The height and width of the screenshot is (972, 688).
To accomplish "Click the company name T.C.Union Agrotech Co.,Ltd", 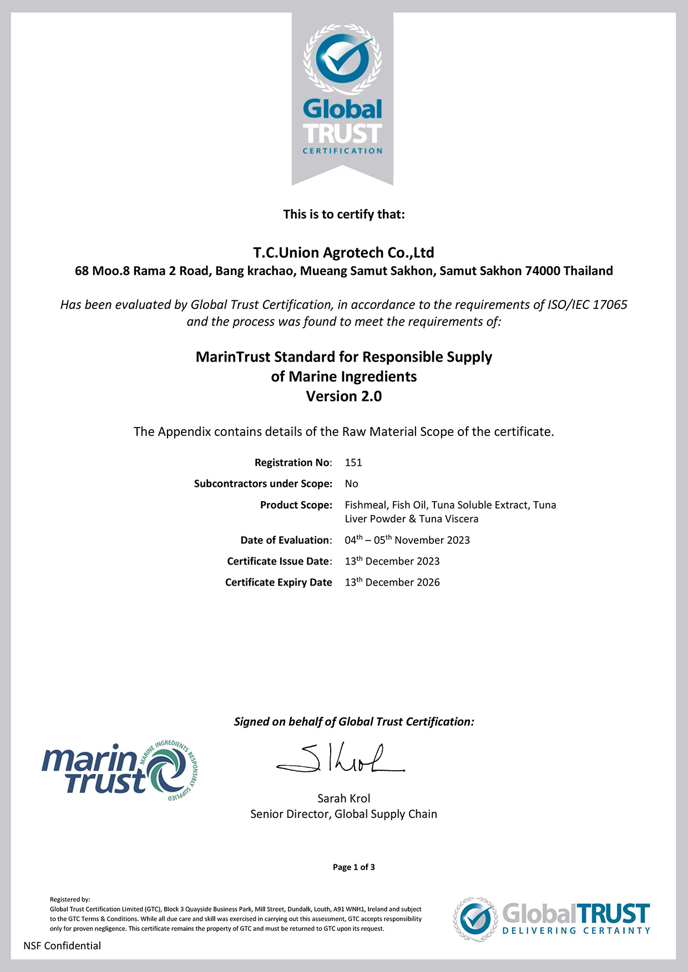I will (343, 253).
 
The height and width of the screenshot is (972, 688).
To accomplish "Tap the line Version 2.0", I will (343, 396).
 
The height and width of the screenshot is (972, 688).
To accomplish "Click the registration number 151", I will (353, 462).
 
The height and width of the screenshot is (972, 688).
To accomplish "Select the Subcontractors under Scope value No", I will (351, 484).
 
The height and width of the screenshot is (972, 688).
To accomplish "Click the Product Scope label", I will (296, 505).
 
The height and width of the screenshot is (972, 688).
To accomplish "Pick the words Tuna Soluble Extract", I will (479, 505).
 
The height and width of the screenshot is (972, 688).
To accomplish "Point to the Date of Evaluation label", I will (286, 540).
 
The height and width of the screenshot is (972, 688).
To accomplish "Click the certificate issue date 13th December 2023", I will (392, 561).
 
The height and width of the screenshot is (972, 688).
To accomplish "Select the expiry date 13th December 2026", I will (392, 582).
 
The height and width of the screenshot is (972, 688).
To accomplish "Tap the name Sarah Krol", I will (343, 798).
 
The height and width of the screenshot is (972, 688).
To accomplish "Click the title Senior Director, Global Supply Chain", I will (343, 814).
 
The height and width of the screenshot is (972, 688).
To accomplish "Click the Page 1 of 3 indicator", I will (353, 867).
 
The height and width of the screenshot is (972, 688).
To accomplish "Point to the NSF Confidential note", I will (62, 946).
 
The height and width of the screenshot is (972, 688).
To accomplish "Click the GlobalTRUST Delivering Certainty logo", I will (552, 918).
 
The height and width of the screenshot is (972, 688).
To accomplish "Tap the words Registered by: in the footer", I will (70, 899).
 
